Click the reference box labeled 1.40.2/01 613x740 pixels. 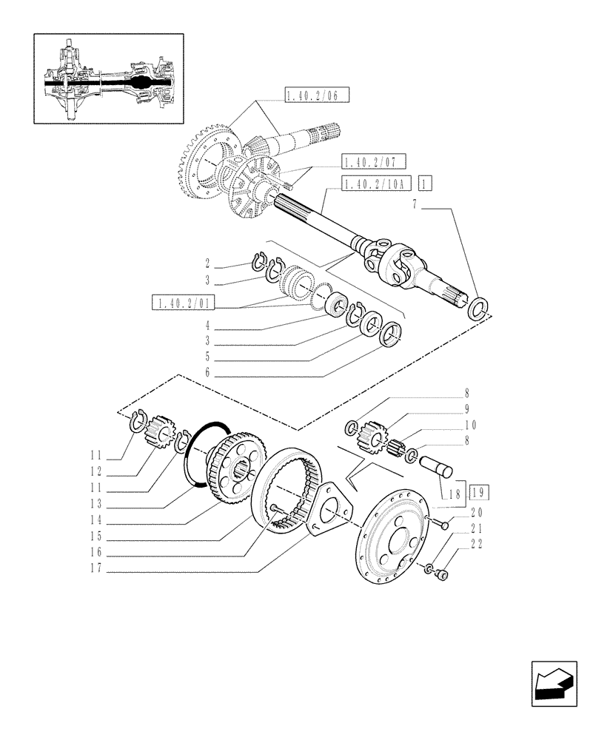point(182,302)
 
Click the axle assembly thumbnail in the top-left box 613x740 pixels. point(109,78)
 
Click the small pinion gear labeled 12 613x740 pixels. point(158,432)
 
